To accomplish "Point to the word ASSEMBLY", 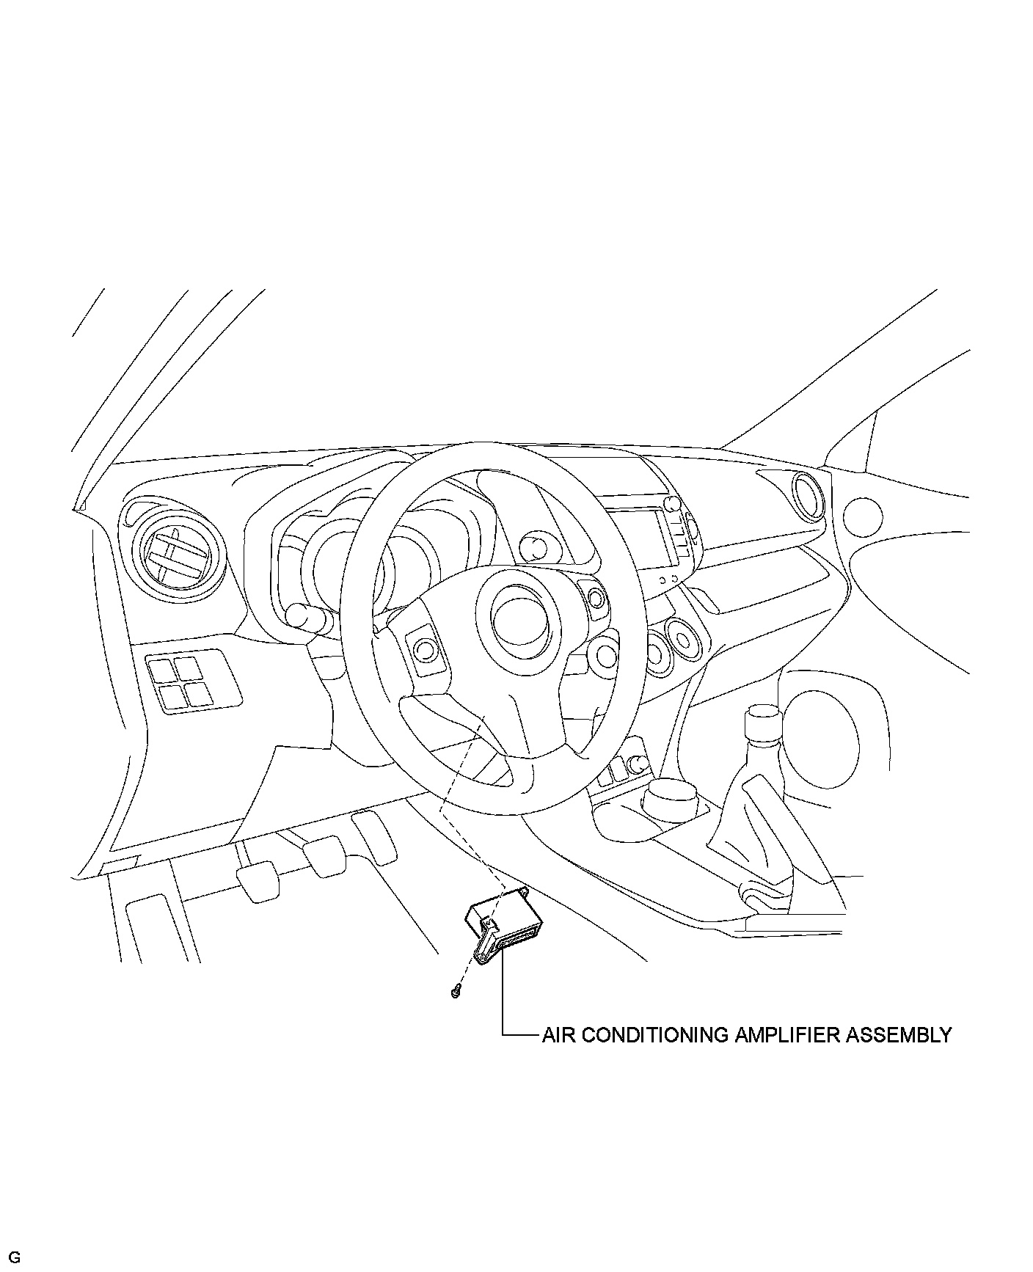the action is [x=899, y=1035].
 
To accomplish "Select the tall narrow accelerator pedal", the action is [x=375, y=836].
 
